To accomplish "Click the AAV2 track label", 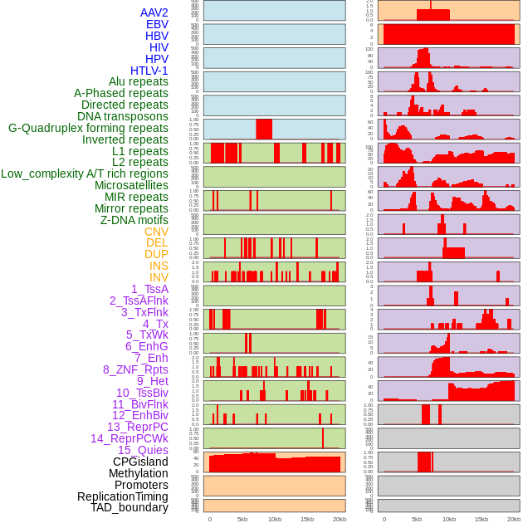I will [x=154, y=12].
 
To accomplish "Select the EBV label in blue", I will [x=157, y=24].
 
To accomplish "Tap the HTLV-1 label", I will [x=149, y=71].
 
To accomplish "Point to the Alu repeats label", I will [x=139, y=81].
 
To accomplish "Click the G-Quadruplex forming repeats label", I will [x=88, y=128].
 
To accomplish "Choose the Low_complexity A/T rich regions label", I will [x=85, y=174].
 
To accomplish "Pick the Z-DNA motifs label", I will [x=134, y=220].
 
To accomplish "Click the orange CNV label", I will [x=156, y=232].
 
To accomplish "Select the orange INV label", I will [x=159, y=277].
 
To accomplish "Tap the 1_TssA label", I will [x=149, y=289].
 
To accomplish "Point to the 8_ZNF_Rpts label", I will [x=135, y=369].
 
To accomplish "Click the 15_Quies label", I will [x=143, y=450].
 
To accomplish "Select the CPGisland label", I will [x=140, y=462].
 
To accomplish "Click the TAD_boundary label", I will [x=130, y=507].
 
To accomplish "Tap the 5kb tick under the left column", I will [x=242, y=519].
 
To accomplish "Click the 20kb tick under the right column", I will [x=514, y=519].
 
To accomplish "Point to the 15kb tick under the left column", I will [x=307, y=519].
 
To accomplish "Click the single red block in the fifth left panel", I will [x=264, y=130].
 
